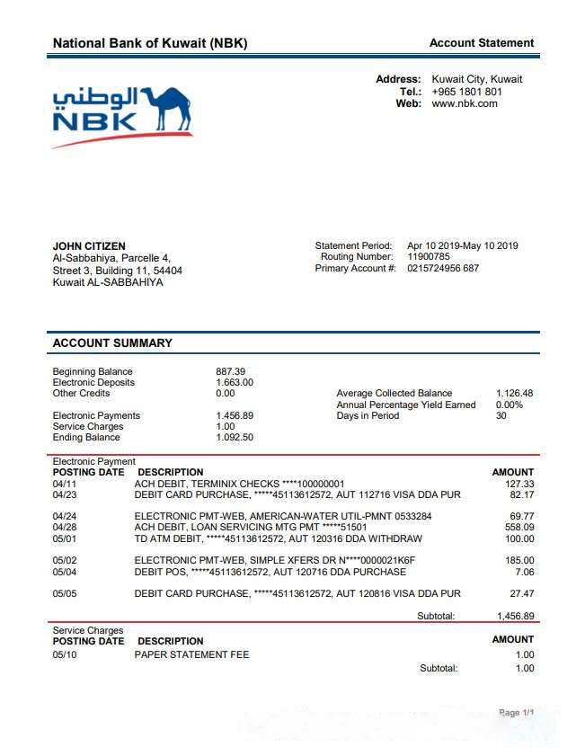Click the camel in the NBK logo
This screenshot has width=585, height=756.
pos(166,109)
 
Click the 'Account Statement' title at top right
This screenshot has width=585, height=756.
pos(481,43)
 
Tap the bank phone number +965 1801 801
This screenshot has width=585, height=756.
pos(466,92)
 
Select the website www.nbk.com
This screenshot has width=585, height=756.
pos(464,104)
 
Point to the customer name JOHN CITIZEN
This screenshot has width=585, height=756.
pos(89,246)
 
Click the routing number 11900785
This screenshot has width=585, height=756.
pos(429,257)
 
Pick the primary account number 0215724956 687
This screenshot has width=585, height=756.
pos(443,269)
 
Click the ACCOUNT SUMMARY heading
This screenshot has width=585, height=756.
pos(112,342)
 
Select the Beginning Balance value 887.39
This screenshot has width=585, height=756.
pos(230,371)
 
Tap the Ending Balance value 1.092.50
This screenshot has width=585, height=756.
pos(235,438)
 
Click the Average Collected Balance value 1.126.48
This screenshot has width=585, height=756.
pos(514,394)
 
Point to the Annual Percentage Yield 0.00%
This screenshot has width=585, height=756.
pos(509,405)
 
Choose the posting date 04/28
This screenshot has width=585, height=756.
pos(65,527)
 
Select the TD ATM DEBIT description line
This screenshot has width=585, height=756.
pos(278,538)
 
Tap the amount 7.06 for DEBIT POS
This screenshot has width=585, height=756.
pos(525,572)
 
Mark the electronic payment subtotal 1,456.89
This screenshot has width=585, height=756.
pos(515,617)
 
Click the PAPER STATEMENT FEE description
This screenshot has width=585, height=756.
pos(191,654)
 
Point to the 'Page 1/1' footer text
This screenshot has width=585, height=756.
pos(517,713)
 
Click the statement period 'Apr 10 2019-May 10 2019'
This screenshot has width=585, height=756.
pos(462,246)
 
